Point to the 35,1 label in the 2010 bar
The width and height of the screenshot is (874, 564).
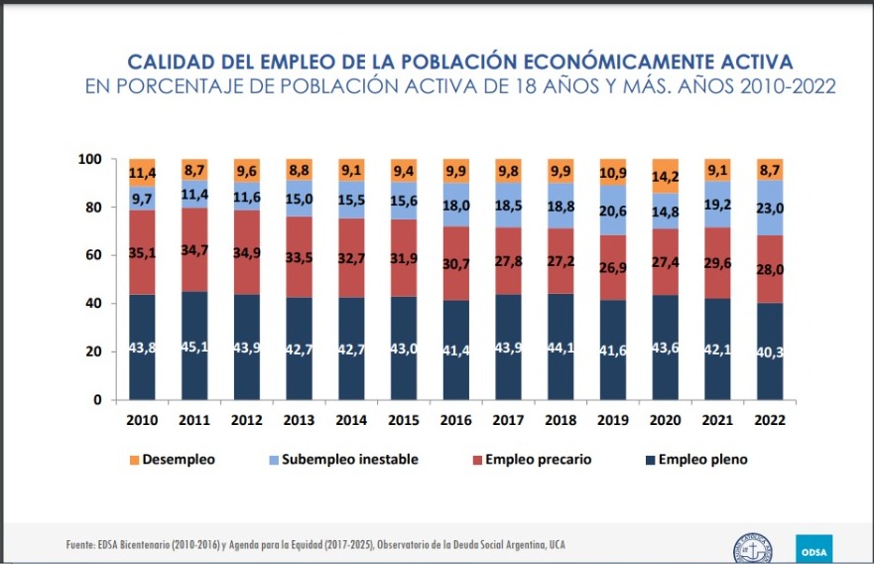coord(143,252)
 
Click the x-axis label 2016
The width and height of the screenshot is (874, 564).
coord(456,420)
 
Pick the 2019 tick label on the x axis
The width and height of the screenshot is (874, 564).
coord(613,420)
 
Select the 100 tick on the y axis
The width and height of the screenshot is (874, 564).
coord(90,160)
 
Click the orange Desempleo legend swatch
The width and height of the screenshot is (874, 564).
coord(133,460)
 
